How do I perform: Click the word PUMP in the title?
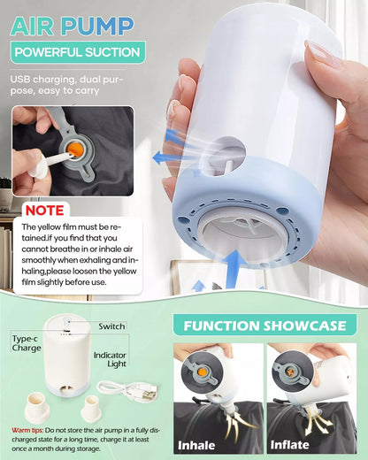click(x=97, y=27)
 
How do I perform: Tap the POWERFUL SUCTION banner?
click(x=78, y=52)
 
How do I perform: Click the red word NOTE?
click(x=45, y=211)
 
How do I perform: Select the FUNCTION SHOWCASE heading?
click(x=264, y=326)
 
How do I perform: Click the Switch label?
click(x=111, y=326)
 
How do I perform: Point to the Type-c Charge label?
click(x=27, y=343)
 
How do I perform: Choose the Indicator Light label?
click(x=110, y=359)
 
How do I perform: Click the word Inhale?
click(x=196, y=445)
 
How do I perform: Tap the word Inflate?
click(x=289, y=445)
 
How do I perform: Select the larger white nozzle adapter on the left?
click(x=37, y=407)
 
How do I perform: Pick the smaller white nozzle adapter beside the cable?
click(x=90, y=408)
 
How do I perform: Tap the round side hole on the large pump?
click(x=223, y=156)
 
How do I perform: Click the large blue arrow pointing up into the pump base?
click(x=235, y=268)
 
